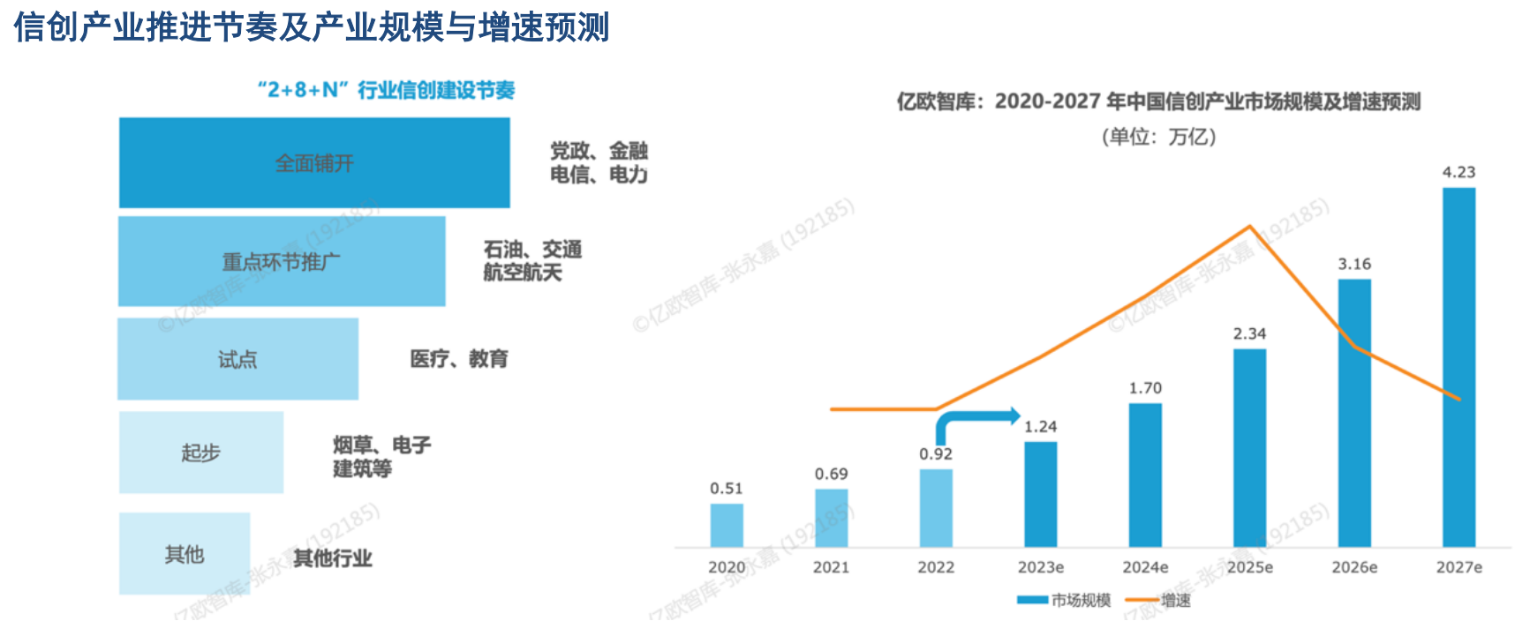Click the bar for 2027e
point(1458,367)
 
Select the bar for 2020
point(727,526)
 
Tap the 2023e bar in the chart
point(1041,494)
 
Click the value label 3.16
point(1354,264)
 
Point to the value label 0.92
point(936,454)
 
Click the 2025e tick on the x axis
point(1250,567)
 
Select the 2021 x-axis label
point(831,567)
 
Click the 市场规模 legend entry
point(1065,601)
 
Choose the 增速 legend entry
point(1158,601)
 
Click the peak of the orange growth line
point(1249,227)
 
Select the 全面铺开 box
point(314,163)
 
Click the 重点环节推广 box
point(282,262)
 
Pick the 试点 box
point(237,359)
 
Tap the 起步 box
point(200,453)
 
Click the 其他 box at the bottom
point(185,554)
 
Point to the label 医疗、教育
point(459,359)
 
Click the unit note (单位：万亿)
point(1158,137)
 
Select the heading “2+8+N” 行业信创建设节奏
point(386,90)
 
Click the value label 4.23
point(1458,172)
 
